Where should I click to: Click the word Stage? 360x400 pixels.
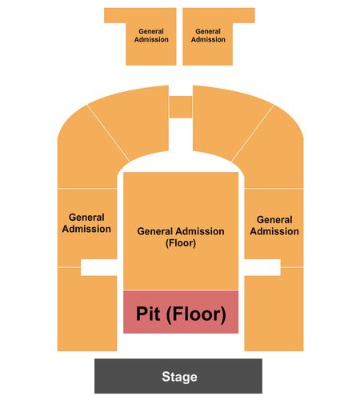click(x=179, y=377)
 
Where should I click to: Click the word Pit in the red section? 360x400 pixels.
click(x=148, y=314)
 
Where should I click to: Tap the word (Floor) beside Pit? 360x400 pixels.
click(x=196, y=314)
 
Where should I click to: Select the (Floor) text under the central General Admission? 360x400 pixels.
click(x=181, y=243)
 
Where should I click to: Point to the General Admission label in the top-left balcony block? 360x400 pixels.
click(x=151, y=35)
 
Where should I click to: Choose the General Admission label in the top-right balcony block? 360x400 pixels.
click(x=208, y=35)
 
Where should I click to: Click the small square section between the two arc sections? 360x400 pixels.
click(x=181, y=106)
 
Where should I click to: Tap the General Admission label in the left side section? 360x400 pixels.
click(x=86, y=223)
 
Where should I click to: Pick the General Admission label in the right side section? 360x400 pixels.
click(x=274, y=226)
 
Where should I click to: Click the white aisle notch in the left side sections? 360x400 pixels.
click(x=99, y=267)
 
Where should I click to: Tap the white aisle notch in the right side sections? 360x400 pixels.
click(x=262, y=267)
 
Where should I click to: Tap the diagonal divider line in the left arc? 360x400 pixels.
click(x=108, y=133)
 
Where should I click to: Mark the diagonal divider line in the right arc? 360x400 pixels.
click(x=253, y=133)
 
